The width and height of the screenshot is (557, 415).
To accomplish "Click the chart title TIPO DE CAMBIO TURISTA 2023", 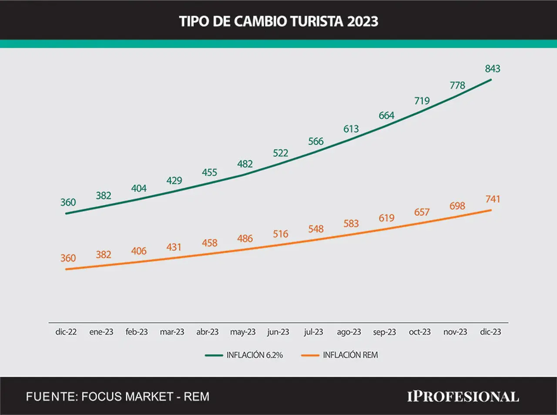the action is [x=278, y=21].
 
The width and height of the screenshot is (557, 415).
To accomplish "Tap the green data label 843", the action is [x=493, y=69].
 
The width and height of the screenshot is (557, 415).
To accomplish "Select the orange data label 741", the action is [x=493, y=199].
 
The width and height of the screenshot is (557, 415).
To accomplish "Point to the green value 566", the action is [x=316, y=141].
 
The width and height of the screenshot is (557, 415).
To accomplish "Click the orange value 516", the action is [x=281, y=234].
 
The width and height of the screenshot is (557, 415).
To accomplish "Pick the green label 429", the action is [x=174, y=181].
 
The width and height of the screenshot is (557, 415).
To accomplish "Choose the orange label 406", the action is [x=139, y=251].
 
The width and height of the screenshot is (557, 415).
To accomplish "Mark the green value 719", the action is [x=422, y=101].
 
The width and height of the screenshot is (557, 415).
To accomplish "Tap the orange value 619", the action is [x=387, y=218].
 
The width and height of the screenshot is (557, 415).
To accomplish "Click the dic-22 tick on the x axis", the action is [x=66, y=332].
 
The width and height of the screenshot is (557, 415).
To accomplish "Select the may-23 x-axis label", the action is [x=243, y=332].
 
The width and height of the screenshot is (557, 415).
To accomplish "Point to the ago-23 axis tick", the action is [x=349, y=332].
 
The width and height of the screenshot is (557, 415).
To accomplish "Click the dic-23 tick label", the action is [x=490, y=332].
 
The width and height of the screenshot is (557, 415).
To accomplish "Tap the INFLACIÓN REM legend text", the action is [x=350, y=355].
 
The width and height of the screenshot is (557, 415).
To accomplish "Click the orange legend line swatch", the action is [x=310, y=355].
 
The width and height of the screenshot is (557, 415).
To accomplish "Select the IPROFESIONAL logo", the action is [x=463, y=397].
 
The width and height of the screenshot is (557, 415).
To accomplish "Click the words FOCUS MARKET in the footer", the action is [x=127, y=397].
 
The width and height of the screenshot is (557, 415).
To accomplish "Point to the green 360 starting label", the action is [x=68, y=202].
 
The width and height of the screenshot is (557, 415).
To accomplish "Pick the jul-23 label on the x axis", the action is [x=314, y=332].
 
